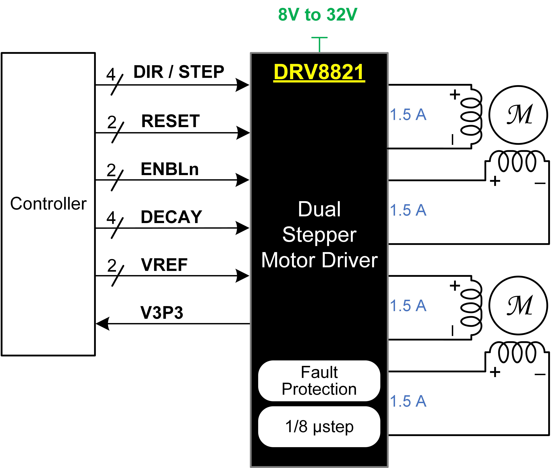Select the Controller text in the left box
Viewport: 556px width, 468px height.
pyautogui.click(x=48, y=204)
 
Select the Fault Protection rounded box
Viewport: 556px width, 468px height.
pyautogui.click(x=319, y=381)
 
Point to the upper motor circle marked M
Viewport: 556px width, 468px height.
pyautogui.click(x=518, y=115)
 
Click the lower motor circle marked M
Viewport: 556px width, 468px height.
pyautogui.click(x=518, y=306)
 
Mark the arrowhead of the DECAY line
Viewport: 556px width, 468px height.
pyautogui.click(x=242, y=228)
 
